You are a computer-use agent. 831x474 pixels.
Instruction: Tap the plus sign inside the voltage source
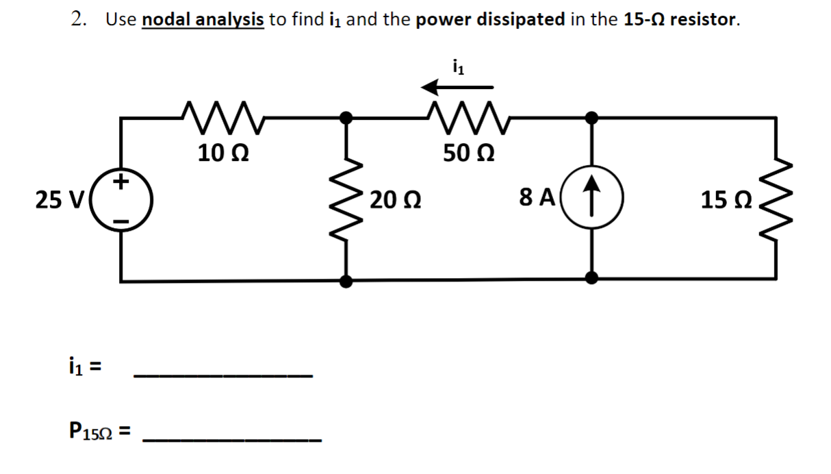pos(122,182)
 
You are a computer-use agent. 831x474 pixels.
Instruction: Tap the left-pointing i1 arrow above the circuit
pos(457,87)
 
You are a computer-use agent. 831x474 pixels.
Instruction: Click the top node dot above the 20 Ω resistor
pos(348,117)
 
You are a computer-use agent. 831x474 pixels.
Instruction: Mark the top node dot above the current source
pos(593,117)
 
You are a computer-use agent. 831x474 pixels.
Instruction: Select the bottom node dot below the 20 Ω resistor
pos(348,280)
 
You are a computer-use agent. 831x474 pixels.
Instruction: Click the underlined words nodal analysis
pos(203,19)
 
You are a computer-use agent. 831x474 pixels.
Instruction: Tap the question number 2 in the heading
pos(77,19)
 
